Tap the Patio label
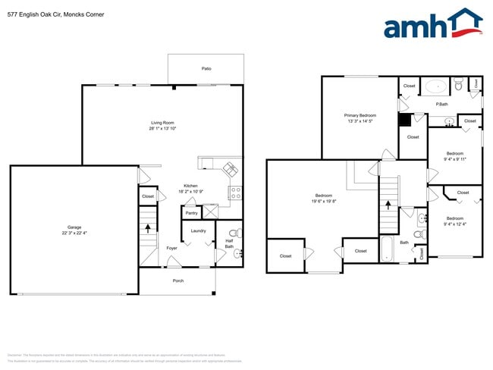point(206,69)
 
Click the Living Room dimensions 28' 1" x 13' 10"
point(162,129)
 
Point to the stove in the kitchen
point(235,193)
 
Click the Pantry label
point(191,213)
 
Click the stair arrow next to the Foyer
point(148,227)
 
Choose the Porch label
point(177,281)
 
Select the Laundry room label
point(198,230)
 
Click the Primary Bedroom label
point(360,115)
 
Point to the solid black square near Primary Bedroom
point(404,119)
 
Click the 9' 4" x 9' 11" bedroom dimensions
point(454,159)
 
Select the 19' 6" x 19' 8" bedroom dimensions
point(324,201)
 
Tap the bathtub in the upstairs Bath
point(388,249)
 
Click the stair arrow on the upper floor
point(388,204)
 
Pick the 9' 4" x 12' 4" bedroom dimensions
point(454,224)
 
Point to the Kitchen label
point(190,186)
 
